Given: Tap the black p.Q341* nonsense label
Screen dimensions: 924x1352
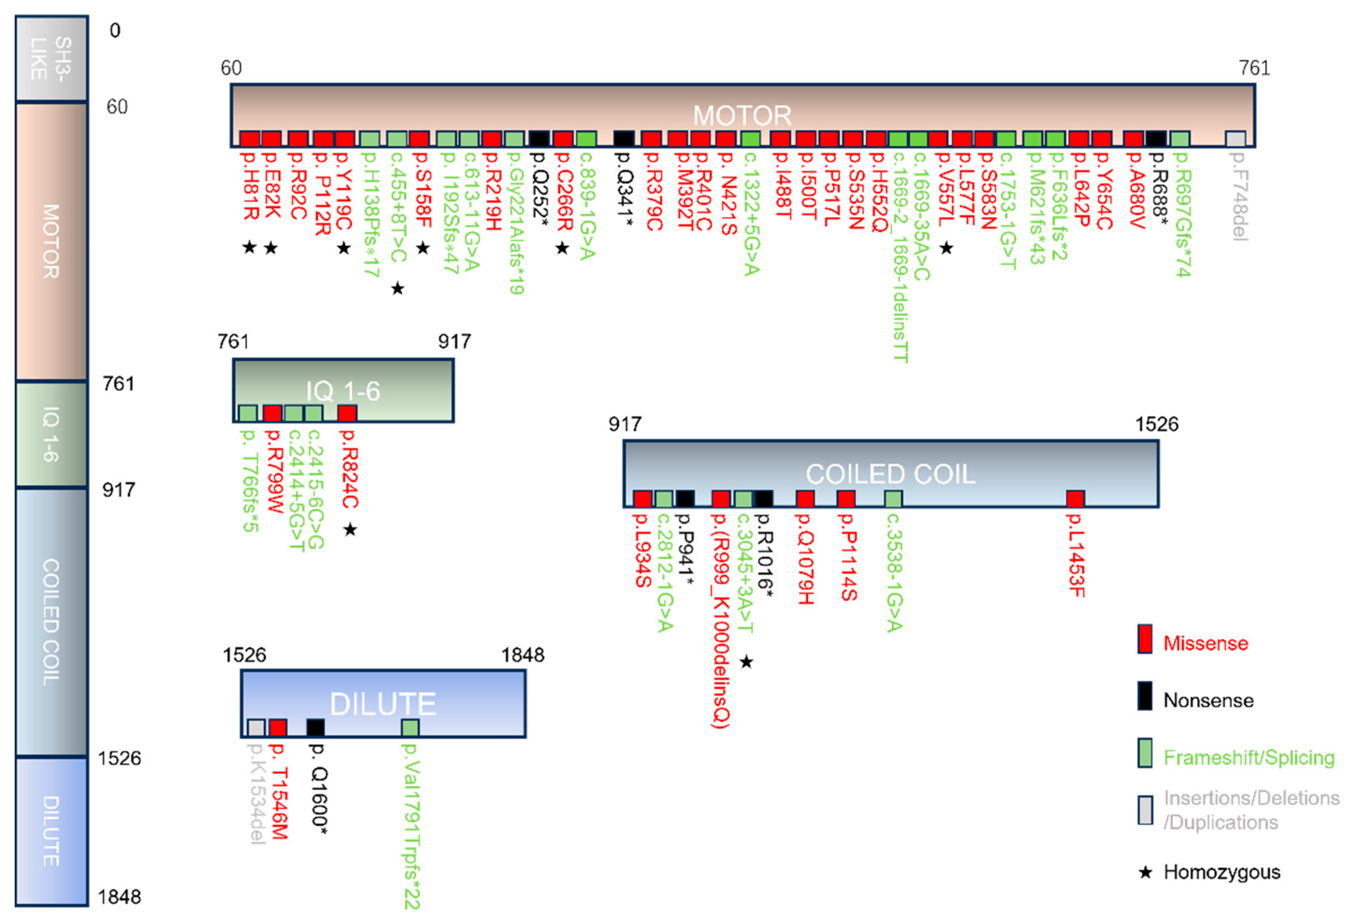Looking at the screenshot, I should (x=624, y=189).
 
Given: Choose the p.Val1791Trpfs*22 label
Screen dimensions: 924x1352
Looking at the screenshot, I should (x=411, y=826).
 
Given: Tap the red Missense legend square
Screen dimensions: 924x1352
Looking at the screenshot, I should (x=1145, y=639).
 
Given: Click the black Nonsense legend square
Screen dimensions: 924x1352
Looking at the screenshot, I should (x=1145, y=696).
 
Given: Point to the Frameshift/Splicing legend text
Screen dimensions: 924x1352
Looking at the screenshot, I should (x=1248, y=758).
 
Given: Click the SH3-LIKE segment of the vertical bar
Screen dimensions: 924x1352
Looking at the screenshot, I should (x=52, y=58).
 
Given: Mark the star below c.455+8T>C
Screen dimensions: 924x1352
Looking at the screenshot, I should (x=397, y=288).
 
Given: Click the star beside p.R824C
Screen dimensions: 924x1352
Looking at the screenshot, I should (x=350, y=529).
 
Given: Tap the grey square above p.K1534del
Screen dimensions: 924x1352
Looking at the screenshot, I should (x=256, y=727).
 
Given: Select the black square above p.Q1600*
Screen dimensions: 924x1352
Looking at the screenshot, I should (x=315, y=727).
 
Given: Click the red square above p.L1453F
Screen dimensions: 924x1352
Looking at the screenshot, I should (x=1076, y=499).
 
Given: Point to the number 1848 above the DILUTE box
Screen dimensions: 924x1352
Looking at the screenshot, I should (x=522, y=655).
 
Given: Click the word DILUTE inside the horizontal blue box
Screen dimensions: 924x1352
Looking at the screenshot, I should (x=383, y=704).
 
